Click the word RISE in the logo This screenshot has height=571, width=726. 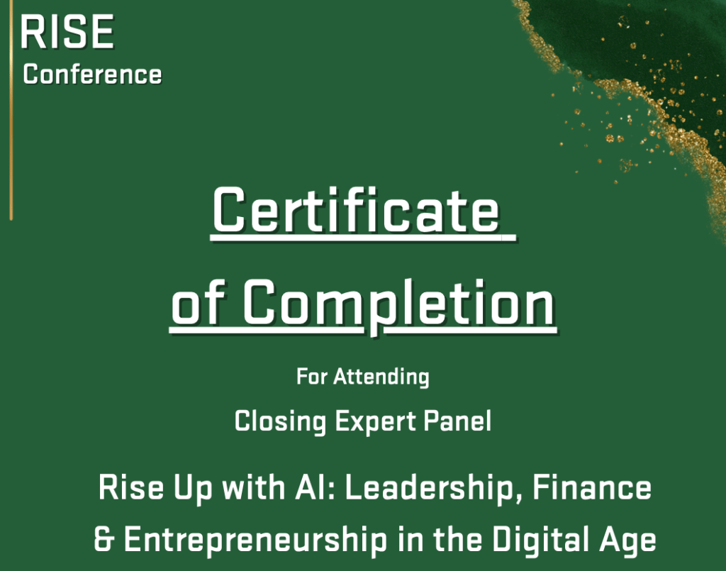pyautogui.click(x=67, y=31)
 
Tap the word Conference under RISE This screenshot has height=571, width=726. pyautogui.click(x=92, y=74)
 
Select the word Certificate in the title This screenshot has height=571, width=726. pyautogui.click(x=356, y=211)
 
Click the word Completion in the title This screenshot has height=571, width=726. pyautogui.click(x=399, y=304)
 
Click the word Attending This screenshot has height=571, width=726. pyautogui.click(x=381, y=377)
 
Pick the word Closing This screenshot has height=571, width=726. pyautogui.click(x=281, y=421)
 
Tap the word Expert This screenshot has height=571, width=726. pyautogui.click(x=376, y=422)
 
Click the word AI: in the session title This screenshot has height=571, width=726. pyautogui.click(x=314, y=487)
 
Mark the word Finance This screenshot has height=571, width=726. pyautogui.click(x=592, y=487)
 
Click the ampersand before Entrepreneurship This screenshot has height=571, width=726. pyautogui.click(x=104, y=540)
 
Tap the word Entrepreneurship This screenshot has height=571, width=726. pyautogui.click(x=255, y=540)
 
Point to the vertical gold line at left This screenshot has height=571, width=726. pyautogui.click(x=11, y=110)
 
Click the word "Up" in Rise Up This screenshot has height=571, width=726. pyautogui.click(x=193, y=489)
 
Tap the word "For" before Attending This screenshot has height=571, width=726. pyautogui.click(x=312, y=376)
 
